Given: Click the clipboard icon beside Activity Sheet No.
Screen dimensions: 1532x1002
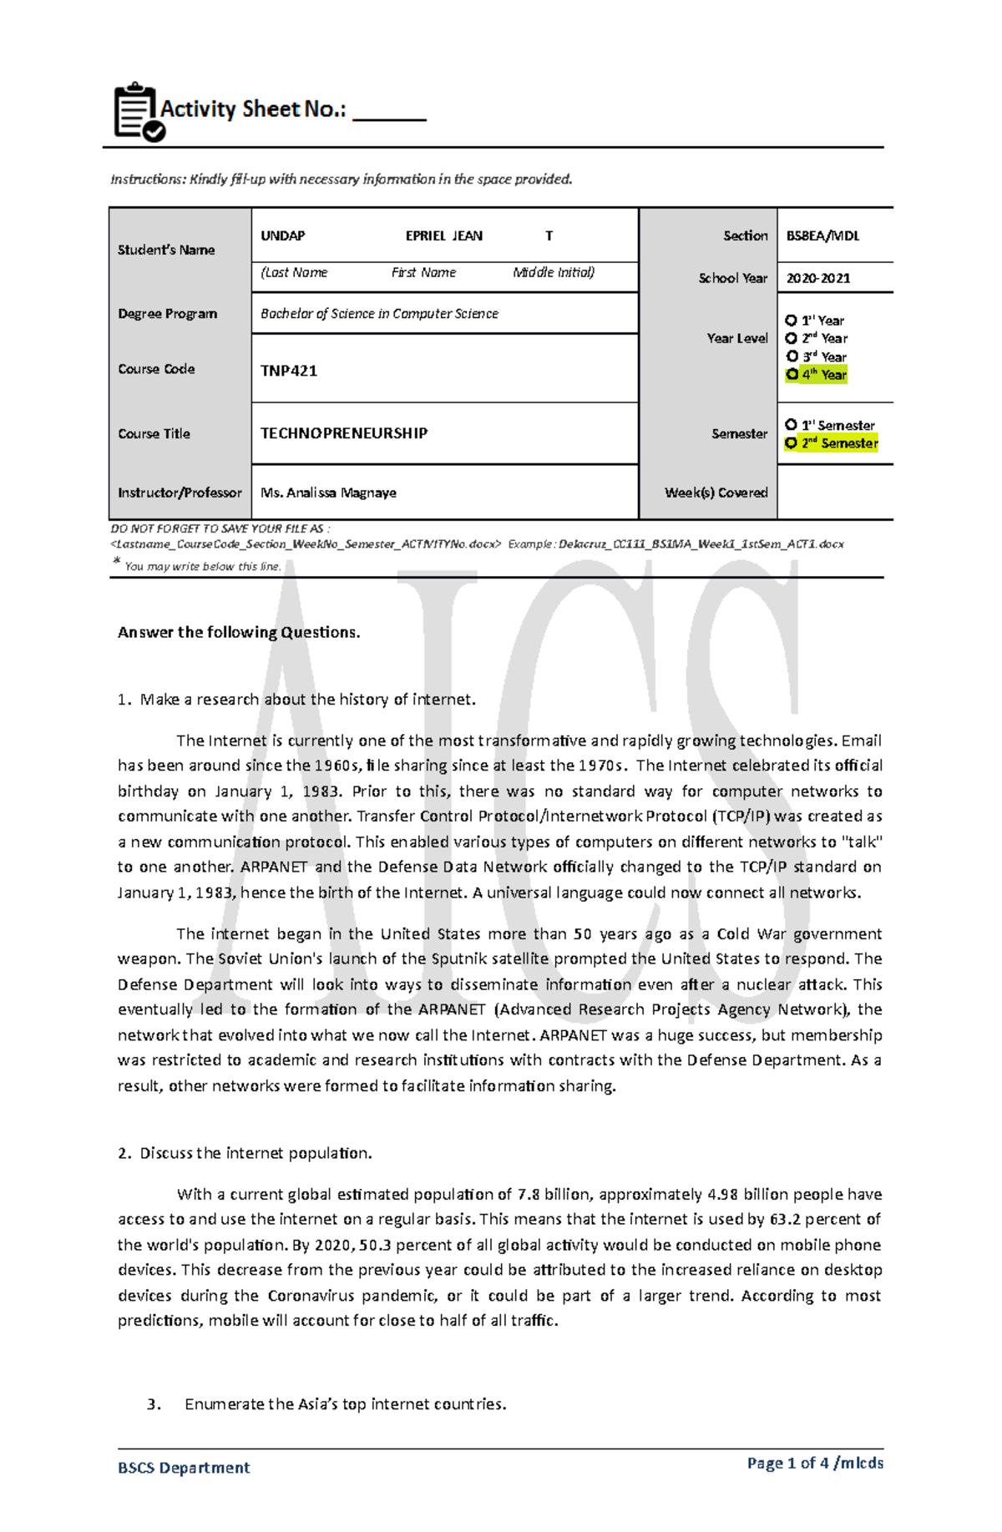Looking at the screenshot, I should pos(138,112).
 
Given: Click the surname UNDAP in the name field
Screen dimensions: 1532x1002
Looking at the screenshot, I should pos(282,236).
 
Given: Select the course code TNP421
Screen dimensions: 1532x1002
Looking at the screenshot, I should pos(289,371).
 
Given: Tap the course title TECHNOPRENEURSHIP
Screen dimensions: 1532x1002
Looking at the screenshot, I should pos(344,433).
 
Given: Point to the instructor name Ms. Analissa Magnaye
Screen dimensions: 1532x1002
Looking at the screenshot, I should pos(328,493).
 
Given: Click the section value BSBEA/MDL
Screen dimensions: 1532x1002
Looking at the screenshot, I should pos(822,236).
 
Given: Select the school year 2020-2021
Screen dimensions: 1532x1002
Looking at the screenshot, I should pos(818,279).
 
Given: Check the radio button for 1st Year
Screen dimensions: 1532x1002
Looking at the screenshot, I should pos(791,321).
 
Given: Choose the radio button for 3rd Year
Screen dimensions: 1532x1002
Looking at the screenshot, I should pos(792,356).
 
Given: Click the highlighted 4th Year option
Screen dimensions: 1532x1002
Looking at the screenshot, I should pos(817,375).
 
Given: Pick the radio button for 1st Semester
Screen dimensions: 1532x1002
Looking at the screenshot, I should pos(791,425).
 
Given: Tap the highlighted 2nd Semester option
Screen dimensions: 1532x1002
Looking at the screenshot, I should pos(832,443).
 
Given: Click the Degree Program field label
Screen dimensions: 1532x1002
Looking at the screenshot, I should pos(167,314).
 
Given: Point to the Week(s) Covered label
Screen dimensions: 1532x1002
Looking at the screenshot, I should pos(716,493).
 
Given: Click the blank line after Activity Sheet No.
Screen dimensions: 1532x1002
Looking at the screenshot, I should pos(389,114).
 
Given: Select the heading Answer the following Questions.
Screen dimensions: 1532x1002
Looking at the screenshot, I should pos(239,632).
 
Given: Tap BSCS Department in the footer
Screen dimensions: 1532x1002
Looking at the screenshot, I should pos(184,1468).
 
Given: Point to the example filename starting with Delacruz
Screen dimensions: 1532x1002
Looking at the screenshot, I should pos(701,544).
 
